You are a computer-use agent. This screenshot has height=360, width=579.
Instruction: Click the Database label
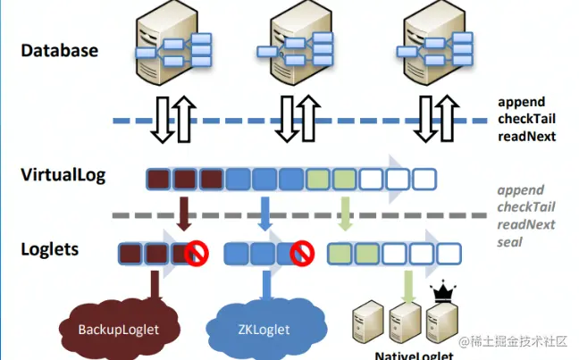pyautogui.click(x=59, y=51)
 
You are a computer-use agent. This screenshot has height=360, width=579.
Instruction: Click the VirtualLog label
pyautogui.click(x=63, y=174)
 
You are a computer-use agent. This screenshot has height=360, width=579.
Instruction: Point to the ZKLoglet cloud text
pyautogui.click(x=264, y=330)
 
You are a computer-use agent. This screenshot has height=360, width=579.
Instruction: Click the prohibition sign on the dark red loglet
pyautogui.click(x=197, y=255)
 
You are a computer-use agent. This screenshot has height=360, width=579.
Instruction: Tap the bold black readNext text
pyautogui.click(x=527, y=137)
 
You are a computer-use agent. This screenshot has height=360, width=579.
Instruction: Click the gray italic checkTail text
pyautogui.click(x=526, y=207)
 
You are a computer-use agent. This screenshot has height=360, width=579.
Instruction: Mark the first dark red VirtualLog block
pyautogui.click(x=158, y=179)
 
